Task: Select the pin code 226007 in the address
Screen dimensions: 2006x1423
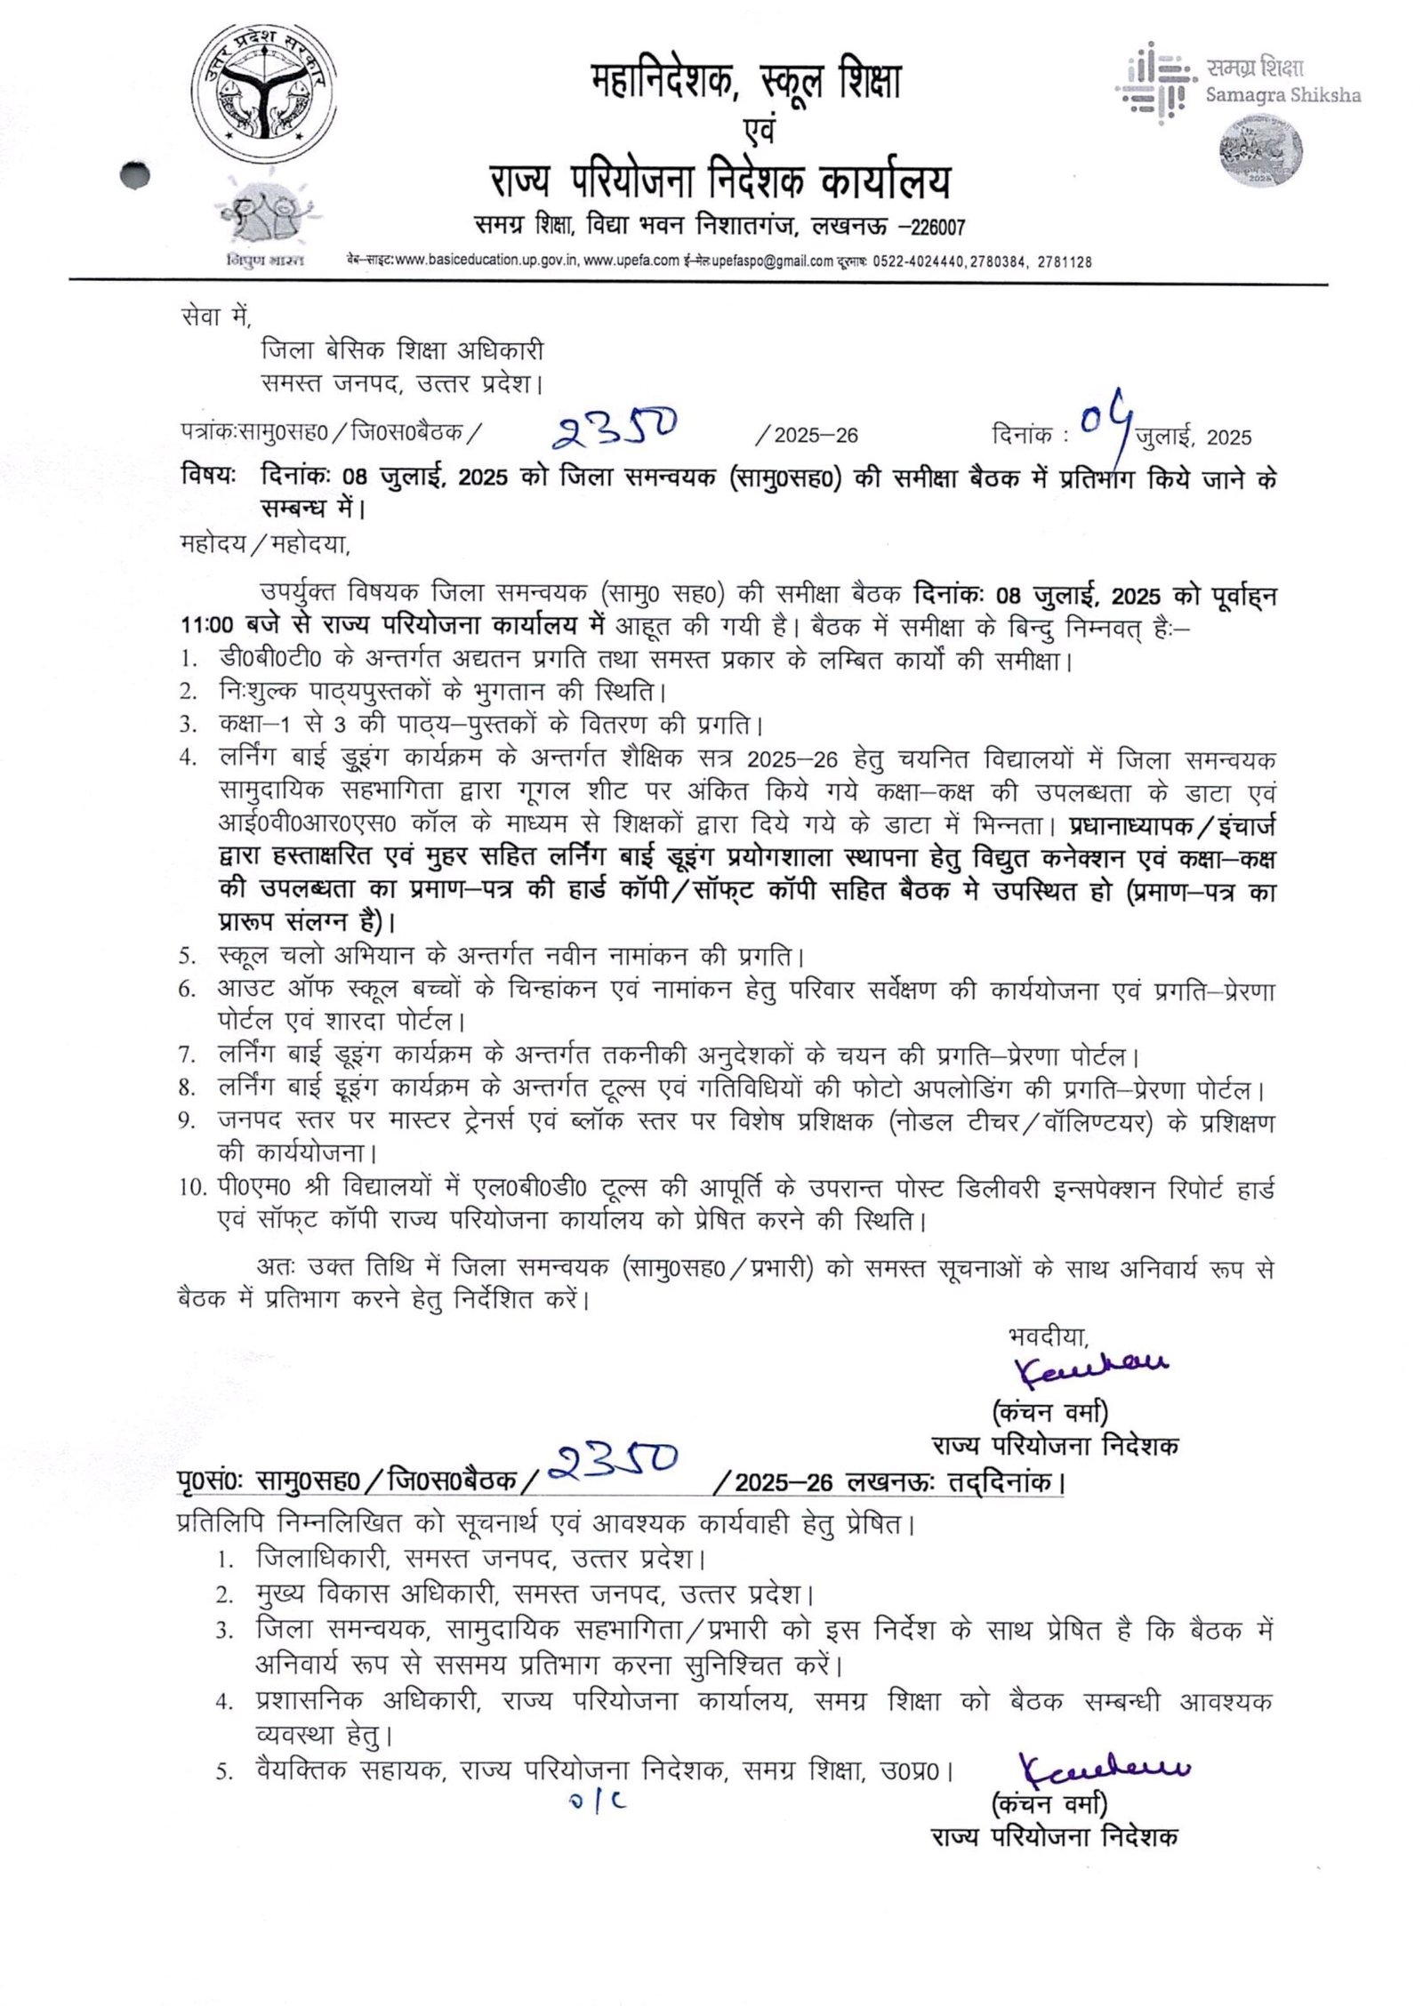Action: coord(933,228)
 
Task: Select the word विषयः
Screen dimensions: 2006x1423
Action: coord(207,477)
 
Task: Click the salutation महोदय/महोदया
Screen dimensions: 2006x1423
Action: coord(266,542)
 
